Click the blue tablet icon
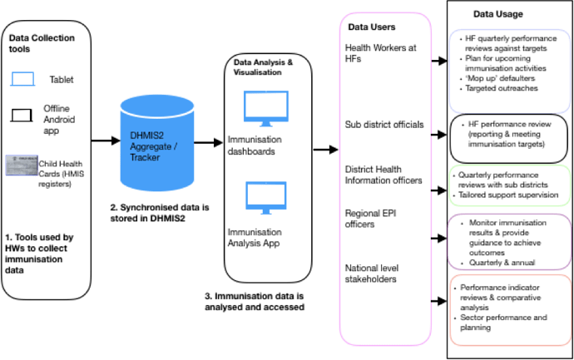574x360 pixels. (23, 77)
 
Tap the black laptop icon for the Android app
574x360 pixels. (22, 116)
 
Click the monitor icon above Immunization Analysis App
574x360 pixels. (265, 200)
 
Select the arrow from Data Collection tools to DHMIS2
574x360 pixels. (103, 141)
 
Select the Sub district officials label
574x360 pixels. (383, 124)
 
